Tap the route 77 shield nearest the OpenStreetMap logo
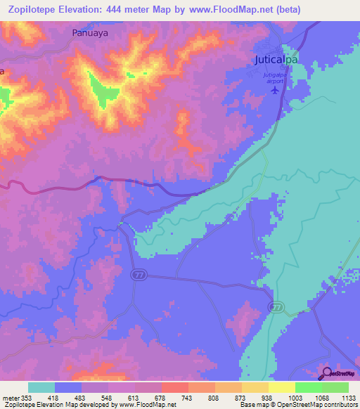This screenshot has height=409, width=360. pos(278,308)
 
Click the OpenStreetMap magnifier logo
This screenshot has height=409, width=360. pos(328,373)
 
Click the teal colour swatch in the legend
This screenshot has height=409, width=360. pos(41,387)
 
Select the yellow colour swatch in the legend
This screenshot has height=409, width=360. pos(281,387)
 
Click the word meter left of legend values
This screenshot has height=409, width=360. pos(10,397)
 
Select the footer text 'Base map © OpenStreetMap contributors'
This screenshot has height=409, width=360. pos(297,405)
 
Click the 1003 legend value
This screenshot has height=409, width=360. pos(308,397)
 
